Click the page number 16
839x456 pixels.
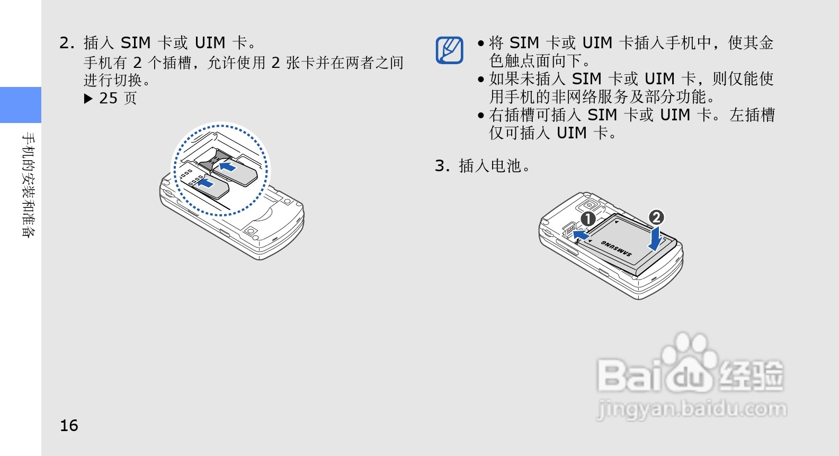[x=69, y=425]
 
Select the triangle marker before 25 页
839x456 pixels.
[x=88, y=99]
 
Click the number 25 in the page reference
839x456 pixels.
[x=108, y=99]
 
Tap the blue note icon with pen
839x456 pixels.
[x=450, y=50]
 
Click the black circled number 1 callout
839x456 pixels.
[x=588, y=219]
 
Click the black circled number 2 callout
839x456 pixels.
[x=656, y=217]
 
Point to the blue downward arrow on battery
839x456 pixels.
[x=656, y=239]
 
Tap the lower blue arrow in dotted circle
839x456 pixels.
[x=206, y=183]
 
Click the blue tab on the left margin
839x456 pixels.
[x=21, y=105]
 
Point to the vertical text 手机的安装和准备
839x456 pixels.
[x=28, y=185]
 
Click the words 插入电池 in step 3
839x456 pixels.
[x=490, y=166]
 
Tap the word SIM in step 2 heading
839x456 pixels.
[x=136, y=43]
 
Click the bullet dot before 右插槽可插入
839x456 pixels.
[x=481, y=116]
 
